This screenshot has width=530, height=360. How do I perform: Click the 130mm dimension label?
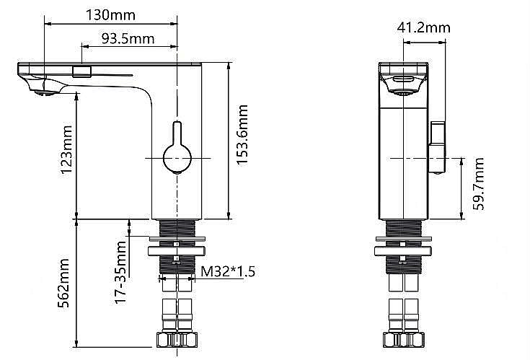click(110, 15)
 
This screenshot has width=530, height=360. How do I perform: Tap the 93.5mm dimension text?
click(128, 39)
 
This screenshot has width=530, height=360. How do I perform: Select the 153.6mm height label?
click(242, 134)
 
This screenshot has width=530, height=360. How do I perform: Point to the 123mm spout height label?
click(66, 149)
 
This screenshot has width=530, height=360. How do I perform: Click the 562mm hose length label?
click(63, 284)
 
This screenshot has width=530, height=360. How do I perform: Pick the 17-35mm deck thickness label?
click(120, 272)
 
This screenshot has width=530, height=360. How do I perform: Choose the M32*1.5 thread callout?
click(228, 271)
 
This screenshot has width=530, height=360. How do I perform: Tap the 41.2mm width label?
click(423, 27)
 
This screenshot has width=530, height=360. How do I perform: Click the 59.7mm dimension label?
click(478, 183)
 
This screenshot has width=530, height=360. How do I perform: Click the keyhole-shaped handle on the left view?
click(177, 148)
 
